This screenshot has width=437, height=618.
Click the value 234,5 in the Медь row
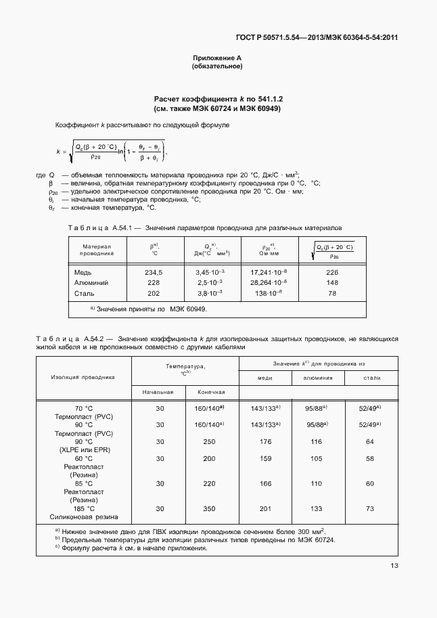click(155, 272)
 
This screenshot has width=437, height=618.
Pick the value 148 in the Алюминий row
click(331, 283)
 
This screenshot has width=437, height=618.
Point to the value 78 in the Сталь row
click(331, 294)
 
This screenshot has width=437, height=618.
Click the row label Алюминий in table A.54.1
click(91, 283)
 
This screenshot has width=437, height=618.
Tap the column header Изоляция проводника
click(83, 377)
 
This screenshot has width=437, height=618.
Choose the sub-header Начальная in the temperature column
click(158, 392)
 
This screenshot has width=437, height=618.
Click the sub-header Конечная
click(211, 392)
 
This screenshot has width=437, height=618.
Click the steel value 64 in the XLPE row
click(369, 441)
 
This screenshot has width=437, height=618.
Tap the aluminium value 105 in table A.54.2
click(317, 458)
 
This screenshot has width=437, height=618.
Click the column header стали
click(371, 378)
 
